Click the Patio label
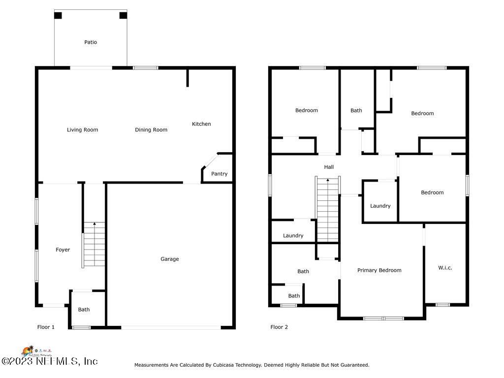91,42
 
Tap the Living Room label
82,130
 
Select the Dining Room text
151,130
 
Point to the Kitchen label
201,124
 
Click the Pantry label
219,174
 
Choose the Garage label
170,259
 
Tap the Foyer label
63,250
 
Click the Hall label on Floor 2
329,167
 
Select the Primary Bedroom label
379,270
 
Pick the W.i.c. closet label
445,268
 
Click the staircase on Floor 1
94,245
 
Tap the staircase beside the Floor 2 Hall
328,209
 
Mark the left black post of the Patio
58,15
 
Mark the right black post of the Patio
123,15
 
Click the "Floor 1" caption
46,327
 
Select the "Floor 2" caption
279,327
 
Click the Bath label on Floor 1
84,310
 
